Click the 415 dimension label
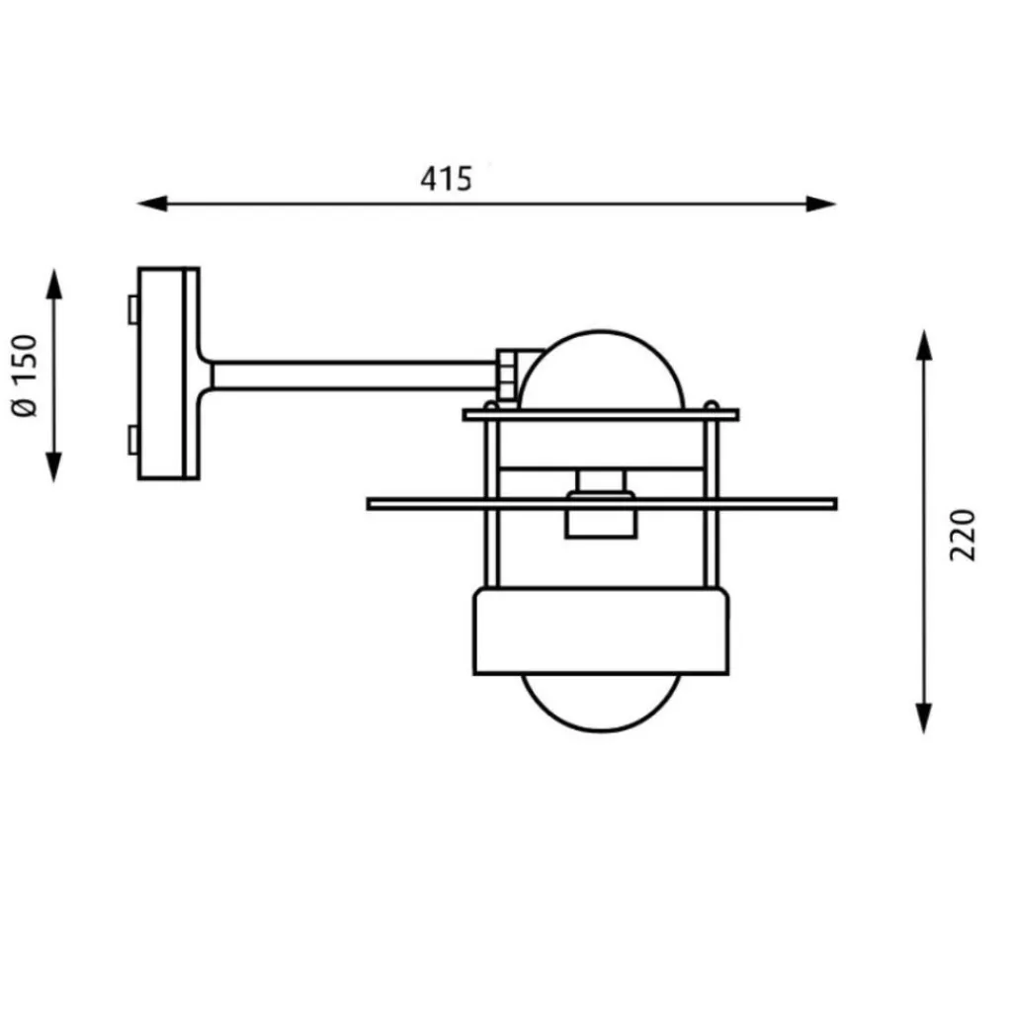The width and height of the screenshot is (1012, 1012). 446,179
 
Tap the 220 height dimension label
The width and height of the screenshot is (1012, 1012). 963,535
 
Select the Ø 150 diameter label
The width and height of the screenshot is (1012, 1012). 26,376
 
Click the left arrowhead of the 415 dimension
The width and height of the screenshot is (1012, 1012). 152,204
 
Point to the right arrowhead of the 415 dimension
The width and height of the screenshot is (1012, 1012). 821,204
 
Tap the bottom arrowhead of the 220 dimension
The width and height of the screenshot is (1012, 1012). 924,718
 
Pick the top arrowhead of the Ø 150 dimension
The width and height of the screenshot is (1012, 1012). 54,284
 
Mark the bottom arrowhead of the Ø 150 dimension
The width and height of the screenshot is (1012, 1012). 54,467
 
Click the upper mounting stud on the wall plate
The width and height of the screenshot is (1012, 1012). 133,309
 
